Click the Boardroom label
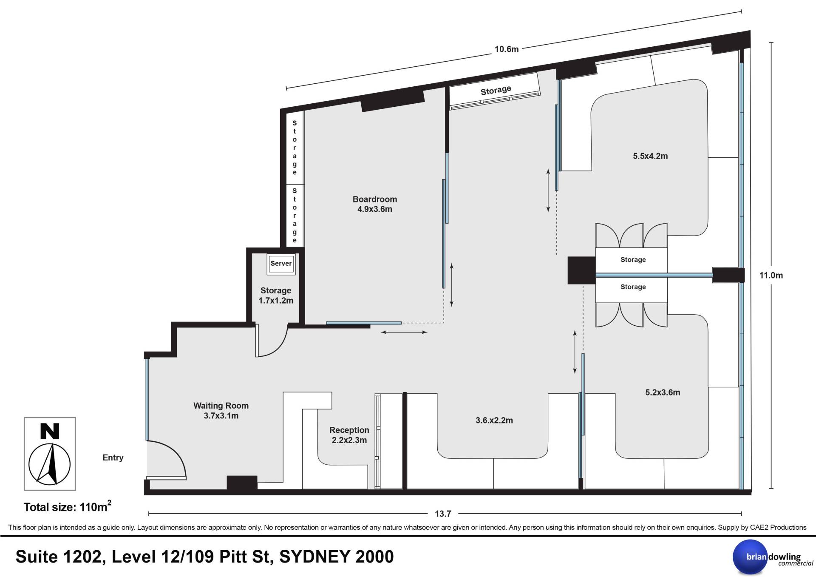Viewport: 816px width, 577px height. tap(374, 199)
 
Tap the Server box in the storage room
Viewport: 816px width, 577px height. tap(281, 264)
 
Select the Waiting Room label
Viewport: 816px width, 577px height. tap(221, 406)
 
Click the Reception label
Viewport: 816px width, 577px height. tap(349, 430)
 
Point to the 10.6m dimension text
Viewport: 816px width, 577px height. tap(507, 49)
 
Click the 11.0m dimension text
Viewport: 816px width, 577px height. tap(771, 275)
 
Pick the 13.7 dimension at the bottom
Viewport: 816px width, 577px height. tap(443, 514)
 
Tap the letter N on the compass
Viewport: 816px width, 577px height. tap(50, 431)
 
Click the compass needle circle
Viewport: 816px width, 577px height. tap(49, 464)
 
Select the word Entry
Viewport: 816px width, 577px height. tap(113, 458)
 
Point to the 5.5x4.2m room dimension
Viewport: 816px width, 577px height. tap(650, 156)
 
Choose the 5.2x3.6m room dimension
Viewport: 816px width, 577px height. tap(663, 392)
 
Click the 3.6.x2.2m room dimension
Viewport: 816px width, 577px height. tap(494, 421)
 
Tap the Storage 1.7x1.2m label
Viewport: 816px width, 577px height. tap(276, 296)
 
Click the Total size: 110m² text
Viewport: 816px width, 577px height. tap(68, 506)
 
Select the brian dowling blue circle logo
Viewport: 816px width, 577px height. tap(750, 557)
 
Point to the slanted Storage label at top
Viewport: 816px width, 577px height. tap(496, 90)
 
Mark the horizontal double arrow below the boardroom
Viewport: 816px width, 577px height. tap(404, 332)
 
